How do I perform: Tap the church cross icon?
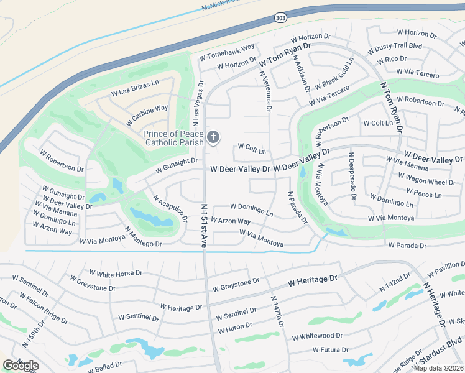click(213, 137)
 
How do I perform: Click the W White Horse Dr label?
click(116, 273)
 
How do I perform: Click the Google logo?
click(21, 365)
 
